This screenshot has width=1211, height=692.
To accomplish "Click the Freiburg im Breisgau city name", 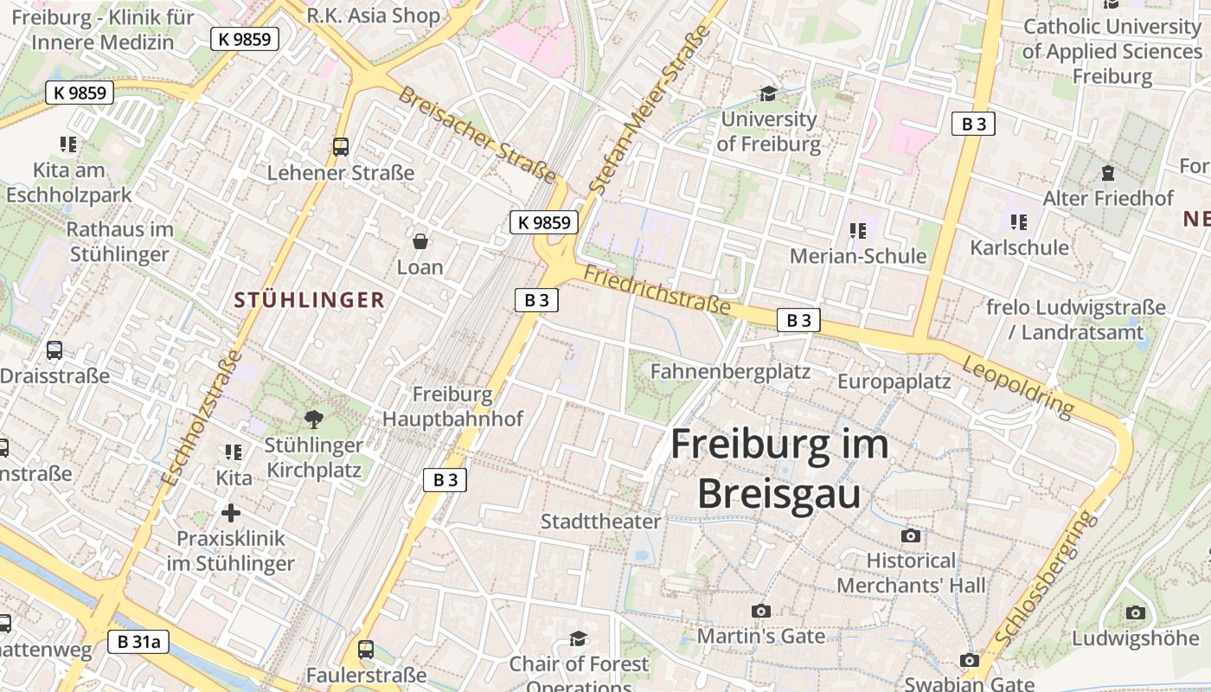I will pos(778,469).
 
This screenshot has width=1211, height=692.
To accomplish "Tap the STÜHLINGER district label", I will pos(309,300).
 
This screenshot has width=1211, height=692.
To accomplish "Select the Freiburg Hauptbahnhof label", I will pos(452,407).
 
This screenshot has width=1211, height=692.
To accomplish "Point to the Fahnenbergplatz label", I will pos(730,371).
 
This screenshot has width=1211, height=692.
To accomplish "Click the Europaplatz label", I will pos(894,381).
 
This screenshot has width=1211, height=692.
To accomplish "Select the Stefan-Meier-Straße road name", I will pos(649,108).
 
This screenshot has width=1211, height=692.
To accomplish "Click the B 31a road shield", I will pos(138,641).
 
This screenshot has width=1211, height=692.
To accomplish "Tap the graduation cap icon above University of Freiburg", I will pos(767,93).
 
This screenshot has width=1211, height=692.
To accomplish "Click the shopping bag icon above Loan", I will pos(420,240).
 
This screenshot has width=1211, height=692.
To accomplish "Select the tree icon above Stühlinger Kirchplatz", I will pos(314,420).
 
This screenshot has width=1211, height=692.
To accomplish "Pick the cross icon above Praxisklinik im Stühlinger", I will pos(230,512).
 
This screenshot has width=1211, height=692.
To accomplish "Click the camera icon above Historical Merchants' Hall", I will pos(910,535).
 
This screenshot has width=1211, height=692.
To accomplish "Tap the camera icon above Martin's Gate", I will pos(760,611).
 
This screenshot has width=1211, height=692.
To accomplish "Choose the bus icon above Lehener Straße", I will pos(341,146).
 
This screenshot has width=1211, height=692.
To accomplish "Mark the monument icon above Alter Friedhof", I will pos(1107,173).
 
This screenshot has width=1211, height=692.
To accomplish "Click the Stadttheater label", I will pos(600,522).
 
